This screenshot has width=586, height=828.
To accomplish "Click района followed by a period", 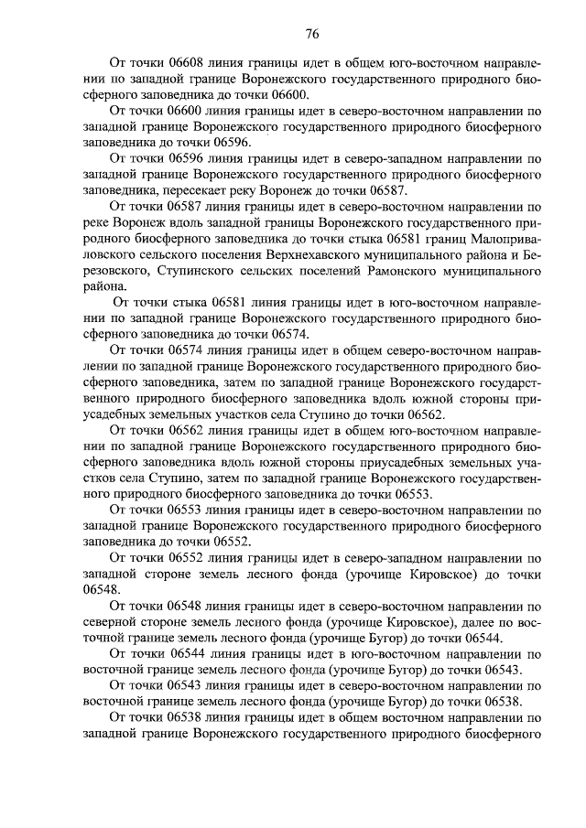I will coord(103,285).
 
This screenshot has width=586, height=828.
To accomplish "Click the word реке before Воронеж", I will coord(98,222).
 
